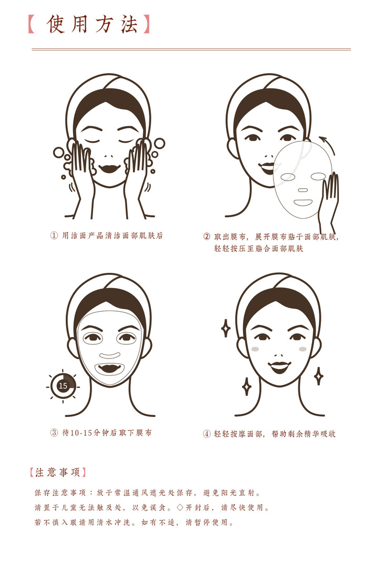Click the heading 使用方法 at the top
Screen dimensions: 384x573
point(92,25)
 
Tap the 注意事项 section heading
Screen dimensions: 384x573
point(58,472)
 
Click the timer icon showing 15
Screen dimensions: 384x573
point(63,386)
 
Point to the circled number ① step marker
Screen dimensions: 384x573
point(54,236)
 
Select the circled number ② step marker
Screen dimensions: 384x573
point(207,237)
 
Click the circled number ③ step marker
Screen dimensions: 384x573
point(54,433)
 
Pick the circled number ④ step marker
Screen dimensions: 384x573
point(207,434)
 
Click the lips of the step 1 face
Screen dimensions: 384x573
point(109,169)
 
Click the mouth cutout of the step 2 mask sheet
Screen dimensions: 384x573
point(302,202)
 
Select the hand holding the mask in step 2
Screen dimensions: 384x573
point(329,199)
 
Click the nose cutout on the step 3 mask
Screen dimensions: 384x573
point(110,355)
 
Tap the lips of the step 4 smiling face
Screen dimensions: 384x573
point(279,366)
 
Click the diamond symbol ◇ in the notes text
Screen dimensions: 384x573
point(179,508)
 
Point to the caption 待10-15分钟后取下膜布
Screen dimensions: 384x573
point(107,433)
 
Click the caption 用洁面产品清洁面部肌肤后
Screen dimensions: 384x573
point(112,236)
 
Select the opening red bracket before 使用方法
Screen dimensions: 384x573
point(32,25)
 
